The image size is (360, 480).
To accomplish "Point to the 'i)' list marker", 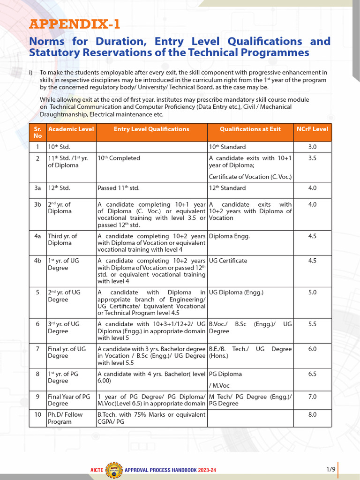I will [x=31, y=73].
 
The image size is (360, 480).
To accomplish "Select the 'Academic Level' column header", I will [x=71, y=129].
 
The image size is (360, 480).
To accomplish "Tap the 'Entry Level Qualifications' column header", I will [x=151, y=129].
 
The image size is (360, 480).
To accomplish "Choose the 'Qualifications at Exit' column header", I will [x=250, y=129].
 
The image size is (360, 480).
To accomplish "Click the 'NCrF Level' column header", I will [x=313, y=129].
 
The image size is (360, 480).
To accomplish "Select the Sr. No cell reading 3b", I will [x=37, y=204].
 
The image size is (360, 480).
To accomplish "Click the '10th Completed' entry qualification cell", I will [x=119, y=158].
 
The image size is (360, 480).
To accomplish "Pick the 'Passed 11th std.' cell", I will [x=119, y=188].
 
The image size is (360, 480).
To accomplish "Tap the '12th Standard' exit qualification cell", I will [x=227, y=188].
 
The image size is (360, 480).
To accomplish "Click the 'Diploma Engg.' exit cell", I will [x=229, y=236].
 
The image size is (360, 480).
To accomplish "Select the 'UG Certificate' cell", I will [x=228, y=261].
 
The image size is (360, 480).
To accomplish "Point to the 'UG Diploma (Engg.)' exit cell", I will [x=236, y=292].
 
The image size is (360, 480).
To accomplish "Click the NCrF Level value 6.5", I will [x=312, y=374].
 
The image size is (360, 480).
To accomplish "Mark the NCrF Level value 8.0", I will [x=312, y=414].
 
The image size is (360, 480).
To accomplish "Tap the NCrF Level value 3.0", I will [x=312, y=147].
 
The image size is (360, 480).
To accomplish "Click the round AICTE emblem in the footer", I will [x=114, y=469].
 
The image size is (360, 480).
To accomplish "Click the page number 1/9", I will [x=331, y=469].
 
